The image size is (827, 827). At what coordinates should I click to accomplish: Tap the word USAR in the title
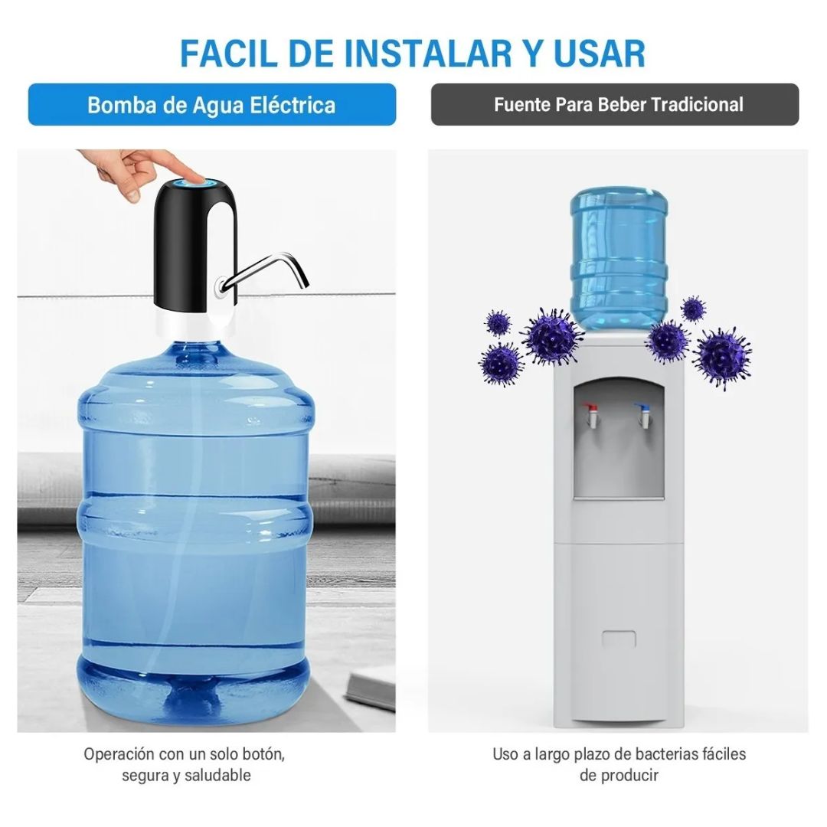(x=600, y=54)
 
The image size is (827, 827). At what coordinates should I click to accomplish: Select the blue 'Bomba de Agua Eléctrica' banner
(x=212, y=104)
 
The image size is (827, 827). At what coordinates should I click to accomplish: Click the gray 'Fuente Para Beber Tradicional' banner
(x=615, y=104)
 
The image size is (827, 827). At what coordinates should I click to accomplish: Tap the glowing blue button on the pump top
(x=194, y=182)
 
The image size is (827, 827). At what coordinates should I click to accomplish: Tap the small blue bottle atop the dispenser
(x=619, y=259)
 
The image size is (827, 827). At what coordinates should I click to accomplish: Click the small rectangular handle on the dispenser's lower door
(x=619, y=639)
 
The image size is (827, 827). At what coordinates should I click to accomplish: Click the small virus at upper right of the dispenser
(x=693, y=309)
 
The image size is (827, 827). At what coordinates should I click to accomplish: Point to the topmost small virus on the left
(x=498, y=322)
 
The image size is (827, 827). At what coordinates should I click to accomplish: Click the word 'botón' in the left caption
(x=263, y=754)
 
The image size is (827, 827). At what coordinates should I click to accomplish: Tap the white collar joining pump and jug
(x=195, y=325)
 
